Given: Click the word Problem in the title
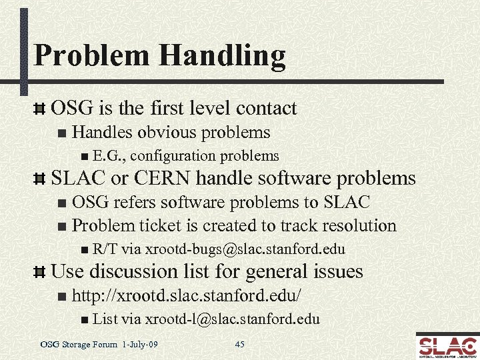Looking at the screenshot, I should click(87, 55).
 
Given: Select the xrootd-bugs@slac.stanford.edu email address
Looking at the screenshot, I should click(245, 250).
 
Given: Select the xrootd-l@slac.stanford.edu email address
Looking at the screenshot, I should click(232, 319).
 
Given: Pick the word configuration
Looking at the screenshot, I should click(175, 156).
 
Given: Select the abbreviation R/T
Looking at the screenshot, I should click(105, 250).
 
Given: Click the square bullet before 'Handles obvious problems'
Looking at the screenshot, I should click(62, 133).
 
